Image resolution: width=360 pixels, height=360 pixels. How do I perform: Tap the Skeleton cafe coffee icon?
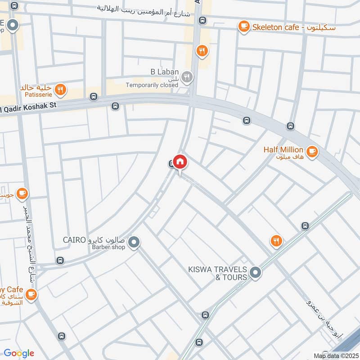pos(244,27)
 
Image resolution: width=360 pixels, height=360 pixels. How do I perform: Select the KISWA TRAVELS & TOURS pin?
pos(255,272)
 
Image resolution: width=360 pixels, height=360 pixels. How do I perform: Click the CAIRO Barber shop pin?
pos(133,243)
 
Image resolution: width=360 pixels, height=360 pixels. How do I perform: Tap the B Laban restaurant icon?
pos(187,78)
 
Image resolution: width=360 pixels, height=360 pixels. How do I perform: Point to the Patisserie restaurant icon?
pos(60,90)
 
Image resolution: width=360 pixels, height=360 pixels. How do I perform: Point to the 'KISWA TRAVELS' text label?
pos(217,269)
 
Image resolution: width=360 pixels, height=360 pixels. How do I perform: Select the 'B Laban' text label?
pos(164,72)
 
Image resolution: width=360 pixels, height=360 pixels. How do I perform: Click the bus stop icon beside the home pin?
pos(171,164)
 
